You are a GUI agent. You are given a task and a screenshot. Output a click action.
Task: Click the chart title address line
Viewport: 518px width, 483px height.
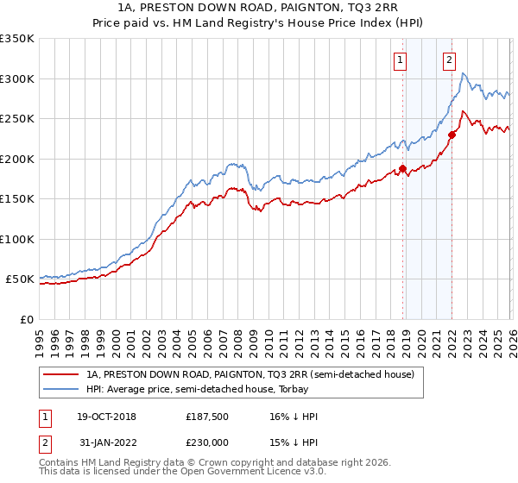tap(259, 8)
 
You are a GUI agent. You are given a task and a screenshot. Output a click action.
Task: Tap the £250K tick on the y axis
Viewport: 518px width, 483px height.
tap(17, 119)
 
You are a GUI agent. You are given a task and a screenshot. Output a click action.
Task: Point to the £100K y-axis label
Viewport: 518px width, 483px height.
tap(17, 240)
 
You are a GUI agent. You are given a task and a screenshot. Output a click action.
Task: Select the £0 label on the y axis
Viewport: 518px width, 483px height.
tap(27, 320)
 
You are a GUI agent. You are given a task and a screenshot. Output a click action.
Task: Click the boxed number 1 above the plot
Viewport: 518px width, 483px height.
tap(401, 60)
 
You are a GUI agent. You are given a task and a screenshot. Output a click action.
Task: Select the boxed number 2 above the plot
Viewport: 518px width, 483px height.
tap(450, 60)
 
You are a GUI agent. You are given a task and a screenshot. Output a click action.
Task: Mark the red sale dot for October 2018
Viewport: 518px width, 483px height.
tap(402, 169)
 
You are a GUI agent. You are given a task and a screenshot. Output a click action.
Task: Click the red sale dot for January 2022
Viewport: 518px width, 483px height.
tap(452, 135)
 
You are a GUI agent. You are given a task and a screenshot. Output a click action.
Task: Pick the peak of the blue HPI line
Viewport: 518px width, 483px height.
tap(464, 74)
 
